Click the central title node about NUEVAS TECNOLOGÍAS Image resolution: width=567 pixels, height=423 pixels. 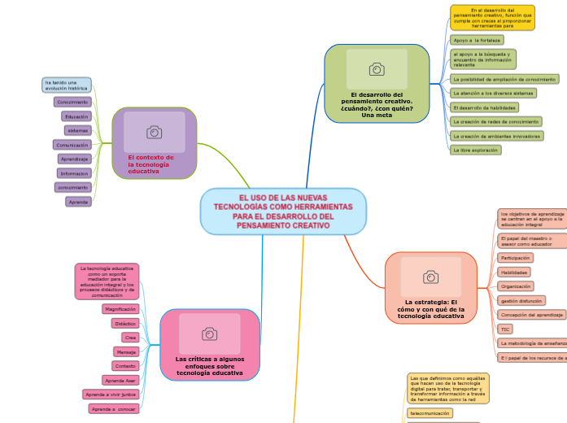(283, 211)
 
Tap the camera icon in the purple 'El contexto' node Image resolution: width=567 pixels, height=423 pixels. (154, 132)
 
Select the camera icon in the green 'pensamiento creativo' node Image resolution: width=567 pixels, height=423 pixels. (377, 69)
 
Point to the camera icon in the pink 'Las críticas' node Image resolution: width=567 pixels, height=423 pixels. (209, 334)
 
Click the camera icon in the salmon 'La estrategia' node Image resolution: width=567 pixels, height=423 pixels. (430, 277)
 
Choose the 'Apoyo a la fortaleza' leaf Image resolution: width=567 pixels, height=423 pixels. (477, 39)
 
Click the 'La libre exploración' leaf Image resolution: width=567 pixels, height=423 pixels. (476, 150)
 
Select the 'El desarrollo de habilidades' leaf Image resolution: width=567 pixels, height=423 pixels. (484, 107)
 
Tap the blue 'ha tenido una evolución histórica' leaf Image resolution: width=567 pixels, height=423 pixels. (67, 85)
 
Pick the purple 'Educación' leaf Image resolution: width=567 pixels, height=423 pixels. (76, 116)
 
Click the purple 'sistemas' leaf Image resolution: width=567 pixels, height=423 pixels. (78, 130)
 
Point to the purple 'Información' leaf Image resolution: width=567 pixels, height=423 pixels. (74, 173)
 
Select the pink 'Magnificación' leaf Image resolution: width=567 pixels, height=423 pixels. (120, 309)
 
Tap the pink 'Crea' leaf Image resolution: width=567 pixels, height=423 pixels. (129, 337)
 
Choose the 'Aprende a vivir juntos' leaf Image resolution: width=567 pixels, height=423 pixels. (111, 395)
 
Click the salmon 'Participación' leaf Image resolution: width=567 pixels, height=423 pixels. (516, 257)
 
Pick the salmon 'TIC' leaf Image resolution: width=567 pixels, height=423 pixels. (505, 329)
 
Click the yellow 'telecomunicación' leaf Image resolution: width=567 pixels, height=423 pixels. (430, 413)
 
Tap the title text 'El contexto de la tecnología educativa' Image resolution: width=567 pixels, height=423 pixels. (151, 164)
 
